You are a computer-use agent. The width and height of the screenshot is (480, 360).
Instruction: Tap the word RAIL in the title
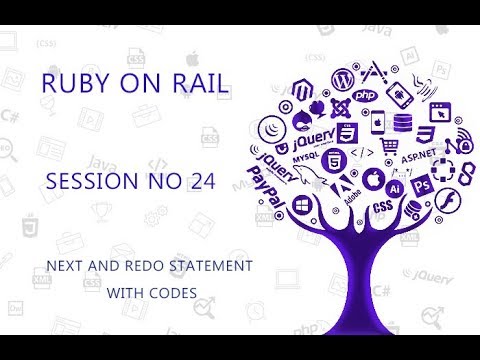coord(200,86)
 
